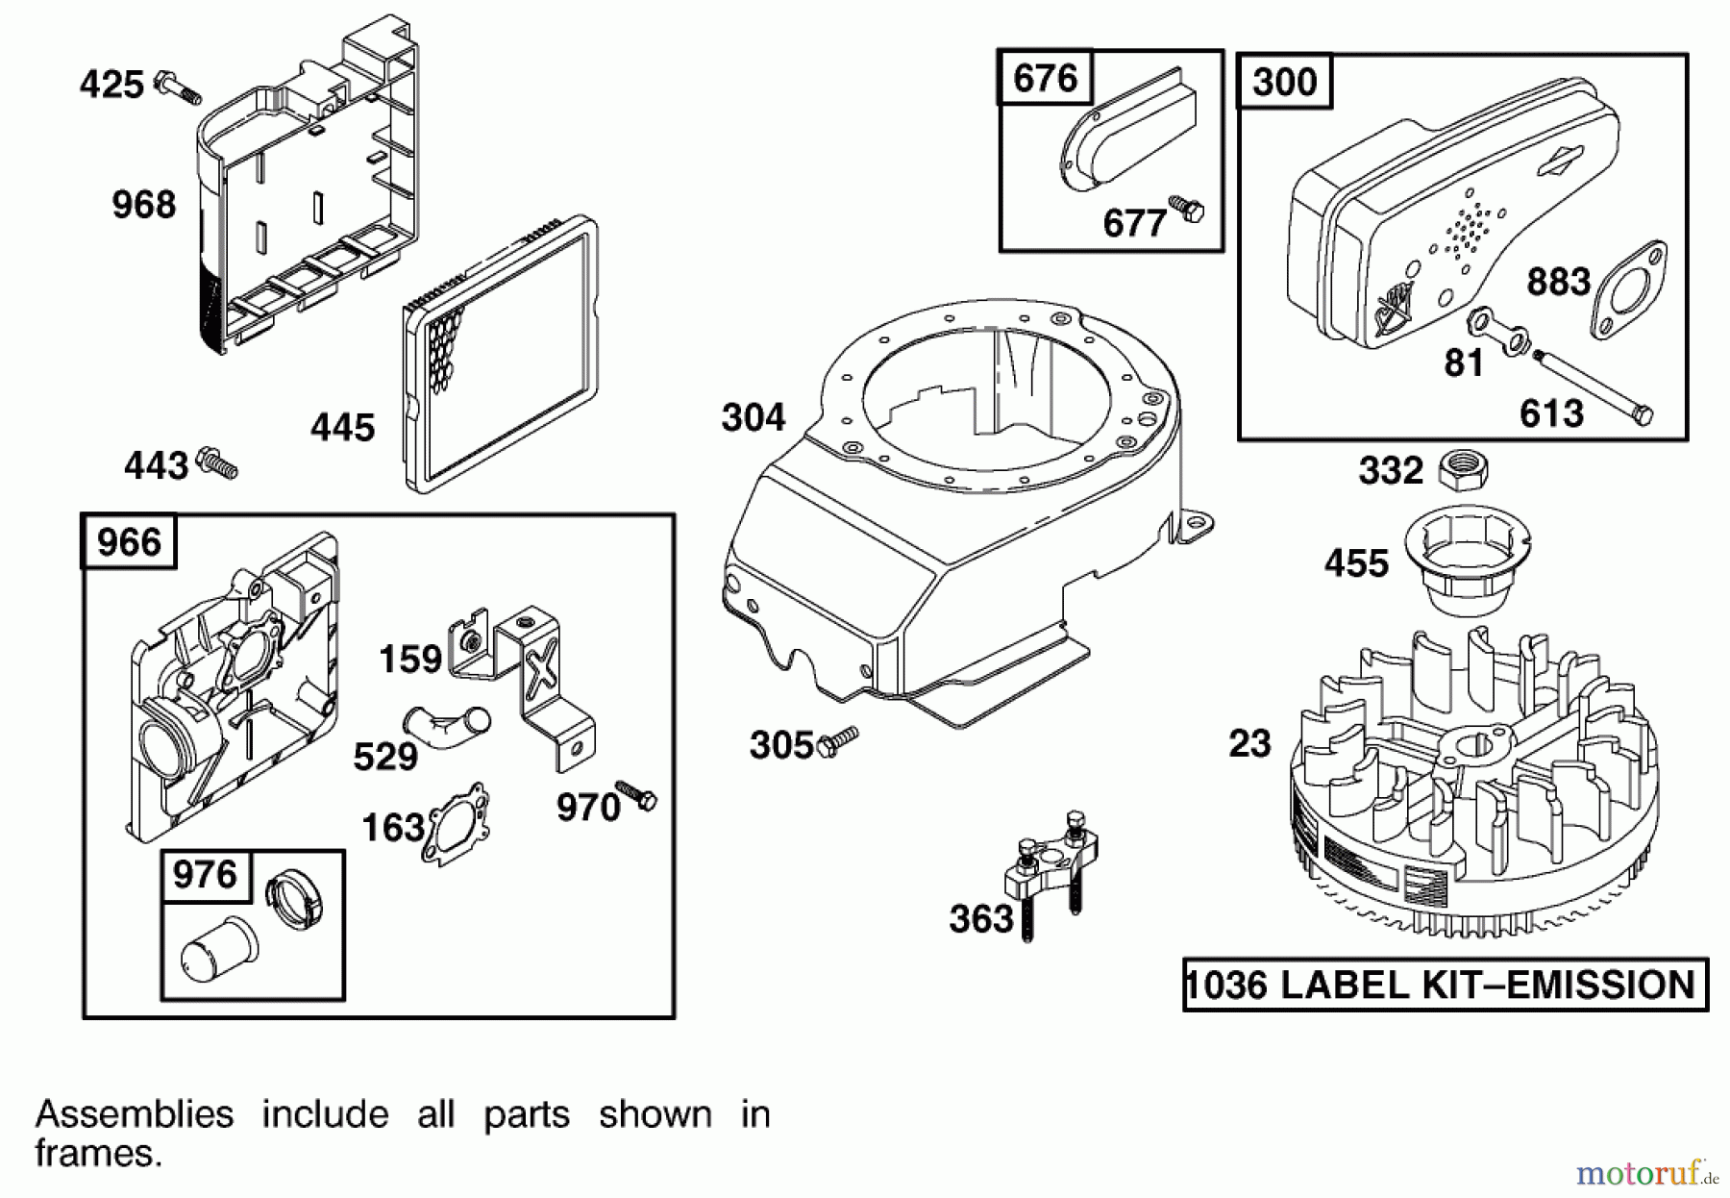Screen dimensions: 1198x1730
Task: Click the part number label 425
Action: pos(111,85)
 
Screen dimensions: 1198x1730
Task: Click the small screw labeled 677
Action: pos(1185,209)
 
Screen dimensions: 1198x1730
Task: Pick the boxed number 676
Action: pos(1045,77)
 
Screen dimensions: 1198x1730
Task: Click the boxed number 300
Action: pos(1284,82)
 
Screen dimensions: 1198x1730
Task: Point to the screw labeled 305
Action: pos(837,741)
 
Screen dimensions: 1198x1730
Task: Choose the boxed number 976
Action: pos(204,875)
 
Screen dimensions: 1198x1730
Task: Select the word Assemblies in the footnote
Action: pos(134,1114)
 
